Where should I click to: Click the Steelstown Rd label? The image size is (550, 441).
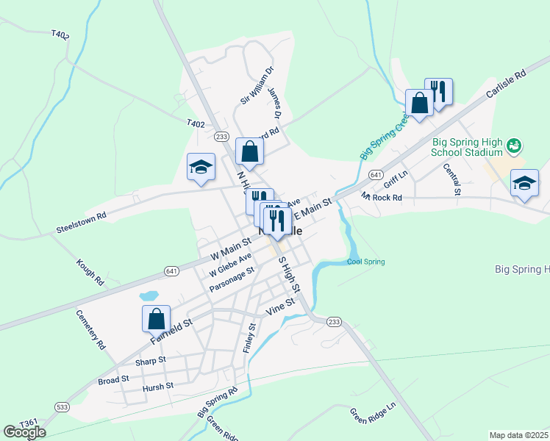tap(81, 223)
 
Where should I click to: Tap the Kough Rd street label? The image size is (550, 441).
tap(90, 272)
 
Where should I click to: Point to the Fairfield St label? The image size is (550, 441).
tap(171, 331)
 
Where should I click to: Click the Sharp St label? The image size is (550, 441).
tap(151, 361)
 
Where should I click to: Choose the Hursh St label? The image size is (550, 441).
tap(158, 386)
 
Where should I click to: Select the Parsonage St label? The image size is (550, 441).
tap(231, 280)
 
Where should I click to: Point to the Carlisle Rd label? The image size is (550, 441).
tap(507, 85)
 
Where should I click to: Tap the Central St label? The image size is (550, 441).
tap(451, 179)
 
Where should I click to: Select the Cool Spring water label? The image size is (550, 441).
tap(365, 262)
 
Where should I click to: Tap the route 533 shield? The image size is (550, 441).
tap(61, 406)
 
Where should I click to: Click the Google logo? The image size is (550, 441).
tap(24, 432)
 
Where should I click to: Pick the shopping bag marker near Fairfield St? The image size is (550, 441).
tap(156, 319)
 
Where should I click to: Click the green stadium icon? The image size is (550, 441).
tap(514, 146)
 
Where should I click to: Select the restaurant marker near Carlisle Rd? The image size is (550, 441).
tap(438, 92)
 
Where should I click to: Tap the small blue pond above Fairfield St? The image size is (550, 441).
tap(149, 295)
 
